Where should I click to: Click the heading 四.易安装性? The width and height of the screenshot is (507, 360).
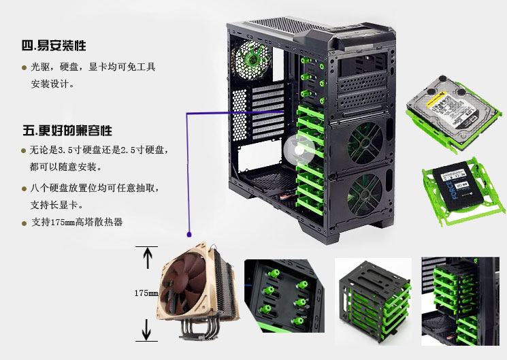click(x=54, y=46)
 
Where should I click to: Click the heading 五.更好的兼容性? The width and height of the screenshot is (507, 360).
click(x=67, y=129)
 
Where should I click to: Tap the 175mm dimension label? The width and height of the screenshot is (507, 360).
click(x=146, y=293)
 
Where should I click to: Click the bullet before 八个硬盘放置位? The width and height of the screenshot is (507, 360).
click(x=24, y=188)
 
